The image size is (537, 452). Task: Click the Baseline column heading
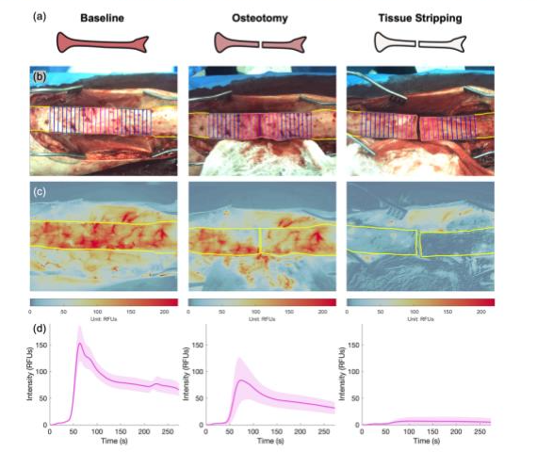pos(104,17)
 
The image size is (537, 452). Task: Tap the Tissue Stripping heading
pos(418,17)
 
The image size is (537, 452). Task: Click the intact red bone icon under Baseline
pos(104,42)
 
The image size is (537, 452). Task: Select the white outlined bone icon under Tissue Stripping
pos(418,42)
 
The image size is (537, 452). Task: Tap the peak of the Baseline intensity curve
pos(81,344)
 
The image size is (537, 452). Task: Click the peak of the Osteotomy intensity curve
pos(241,379)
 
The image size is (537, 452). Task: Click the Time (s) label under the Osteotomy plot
pos(260,440)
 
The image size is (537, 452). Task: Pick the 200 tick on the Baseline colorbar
pos(166,311)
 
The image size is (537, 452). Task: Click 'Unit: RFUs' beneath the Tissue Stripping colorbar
pos(418,318)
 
